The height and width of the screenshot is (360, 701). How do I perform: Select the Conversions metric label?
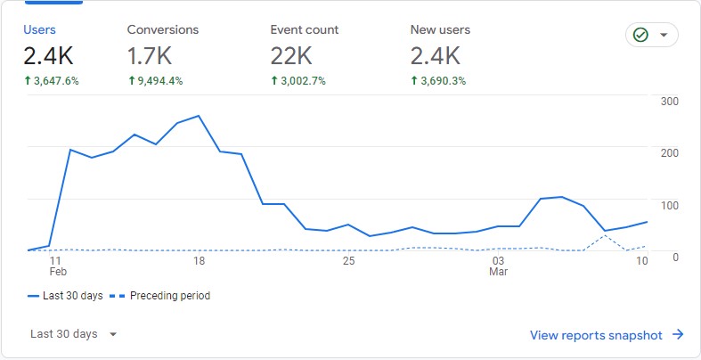click(x=163, y=29)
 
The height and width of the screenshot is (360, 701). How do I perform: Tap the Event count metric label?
click(x=305, y=29)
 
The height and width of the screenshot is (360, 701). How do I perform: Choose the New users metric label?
click(x=440, y=29)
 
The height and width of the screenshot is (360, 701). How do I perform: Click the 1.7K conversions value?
click(x=150, y=56)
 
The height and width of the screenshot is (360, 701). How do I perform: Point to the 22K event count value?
click(x=290, y=56)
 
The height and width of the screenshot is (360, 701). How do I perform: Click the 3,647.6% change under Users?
click(x=52, y=81)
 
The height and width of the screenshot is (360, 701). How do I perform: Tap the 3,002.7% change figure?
click(x=298, y=81)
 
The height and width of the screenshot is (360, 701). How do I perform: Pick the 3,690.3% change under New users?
click(x=438, y=81)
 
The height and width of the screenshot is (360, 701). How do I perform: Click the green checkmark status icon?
click(x=640, y=36)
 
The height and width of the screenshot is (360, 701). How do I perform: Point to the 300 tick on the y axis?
click(x=670, y=101)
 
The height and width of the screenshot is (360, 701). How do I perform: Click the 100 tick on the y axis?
click(x=670, y=205)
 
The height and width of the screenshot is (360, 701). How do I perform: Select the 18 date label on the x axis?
click(x=199, y=261)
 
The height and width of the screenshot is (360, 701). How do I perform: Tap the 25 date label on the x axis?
click(x=348, y=261)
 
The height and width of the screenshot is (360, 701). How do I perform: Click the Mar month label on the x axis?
click(x=499, y=273)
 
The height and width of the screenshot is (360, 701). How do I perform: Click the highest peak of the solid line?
click(x=198, y=116)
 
